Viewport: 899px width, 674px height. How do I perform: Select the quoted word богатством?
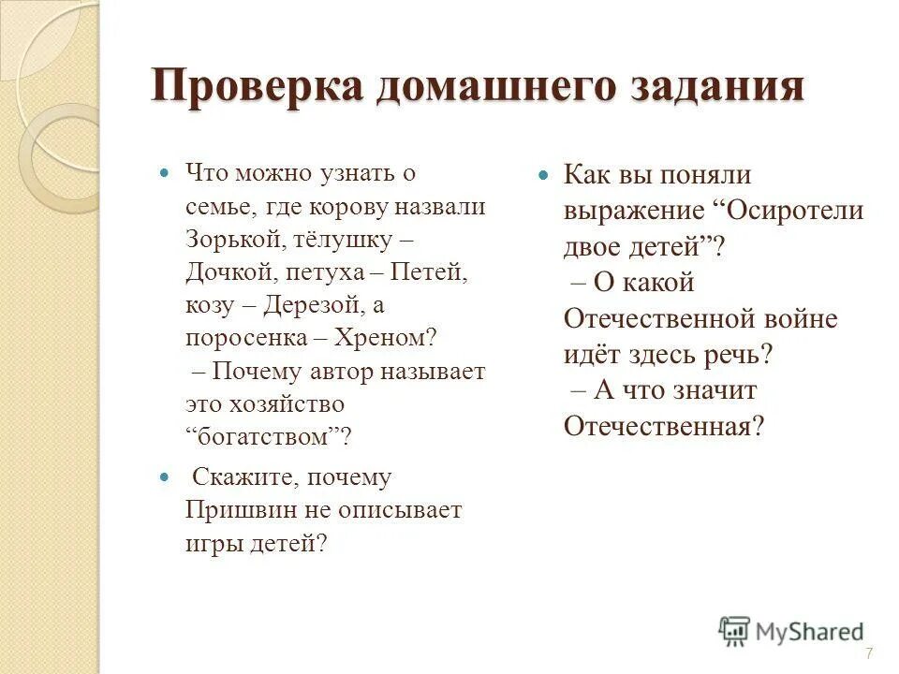coord(264,437)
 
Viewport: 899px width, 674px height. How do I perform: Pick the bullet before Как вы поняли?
coord(542,175)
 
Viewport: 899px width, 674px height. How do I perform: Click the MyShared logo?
coord(790,631)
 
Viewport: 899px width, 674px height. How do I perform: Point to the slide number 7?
coord(869,652)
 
